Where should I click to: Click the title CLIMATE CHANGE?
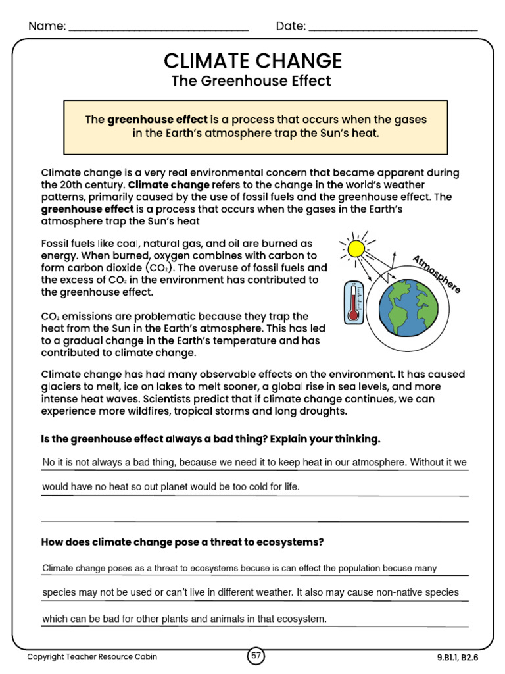(252, 61)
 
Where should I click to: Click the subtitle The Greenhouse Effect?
(251, 81)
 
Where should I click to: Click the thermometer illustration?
(353, 302)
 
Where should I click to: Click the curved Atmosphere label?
(436, 274)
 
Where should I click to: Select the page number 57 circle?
(256, 656)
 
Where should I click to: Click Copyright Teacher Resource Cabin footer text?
(92, 656)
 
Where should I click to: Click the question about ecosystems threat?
(182, 542)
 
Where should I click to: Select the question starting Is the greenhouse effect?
(210, 439)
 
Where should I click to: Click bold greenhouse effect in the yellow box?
(157, 120)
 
